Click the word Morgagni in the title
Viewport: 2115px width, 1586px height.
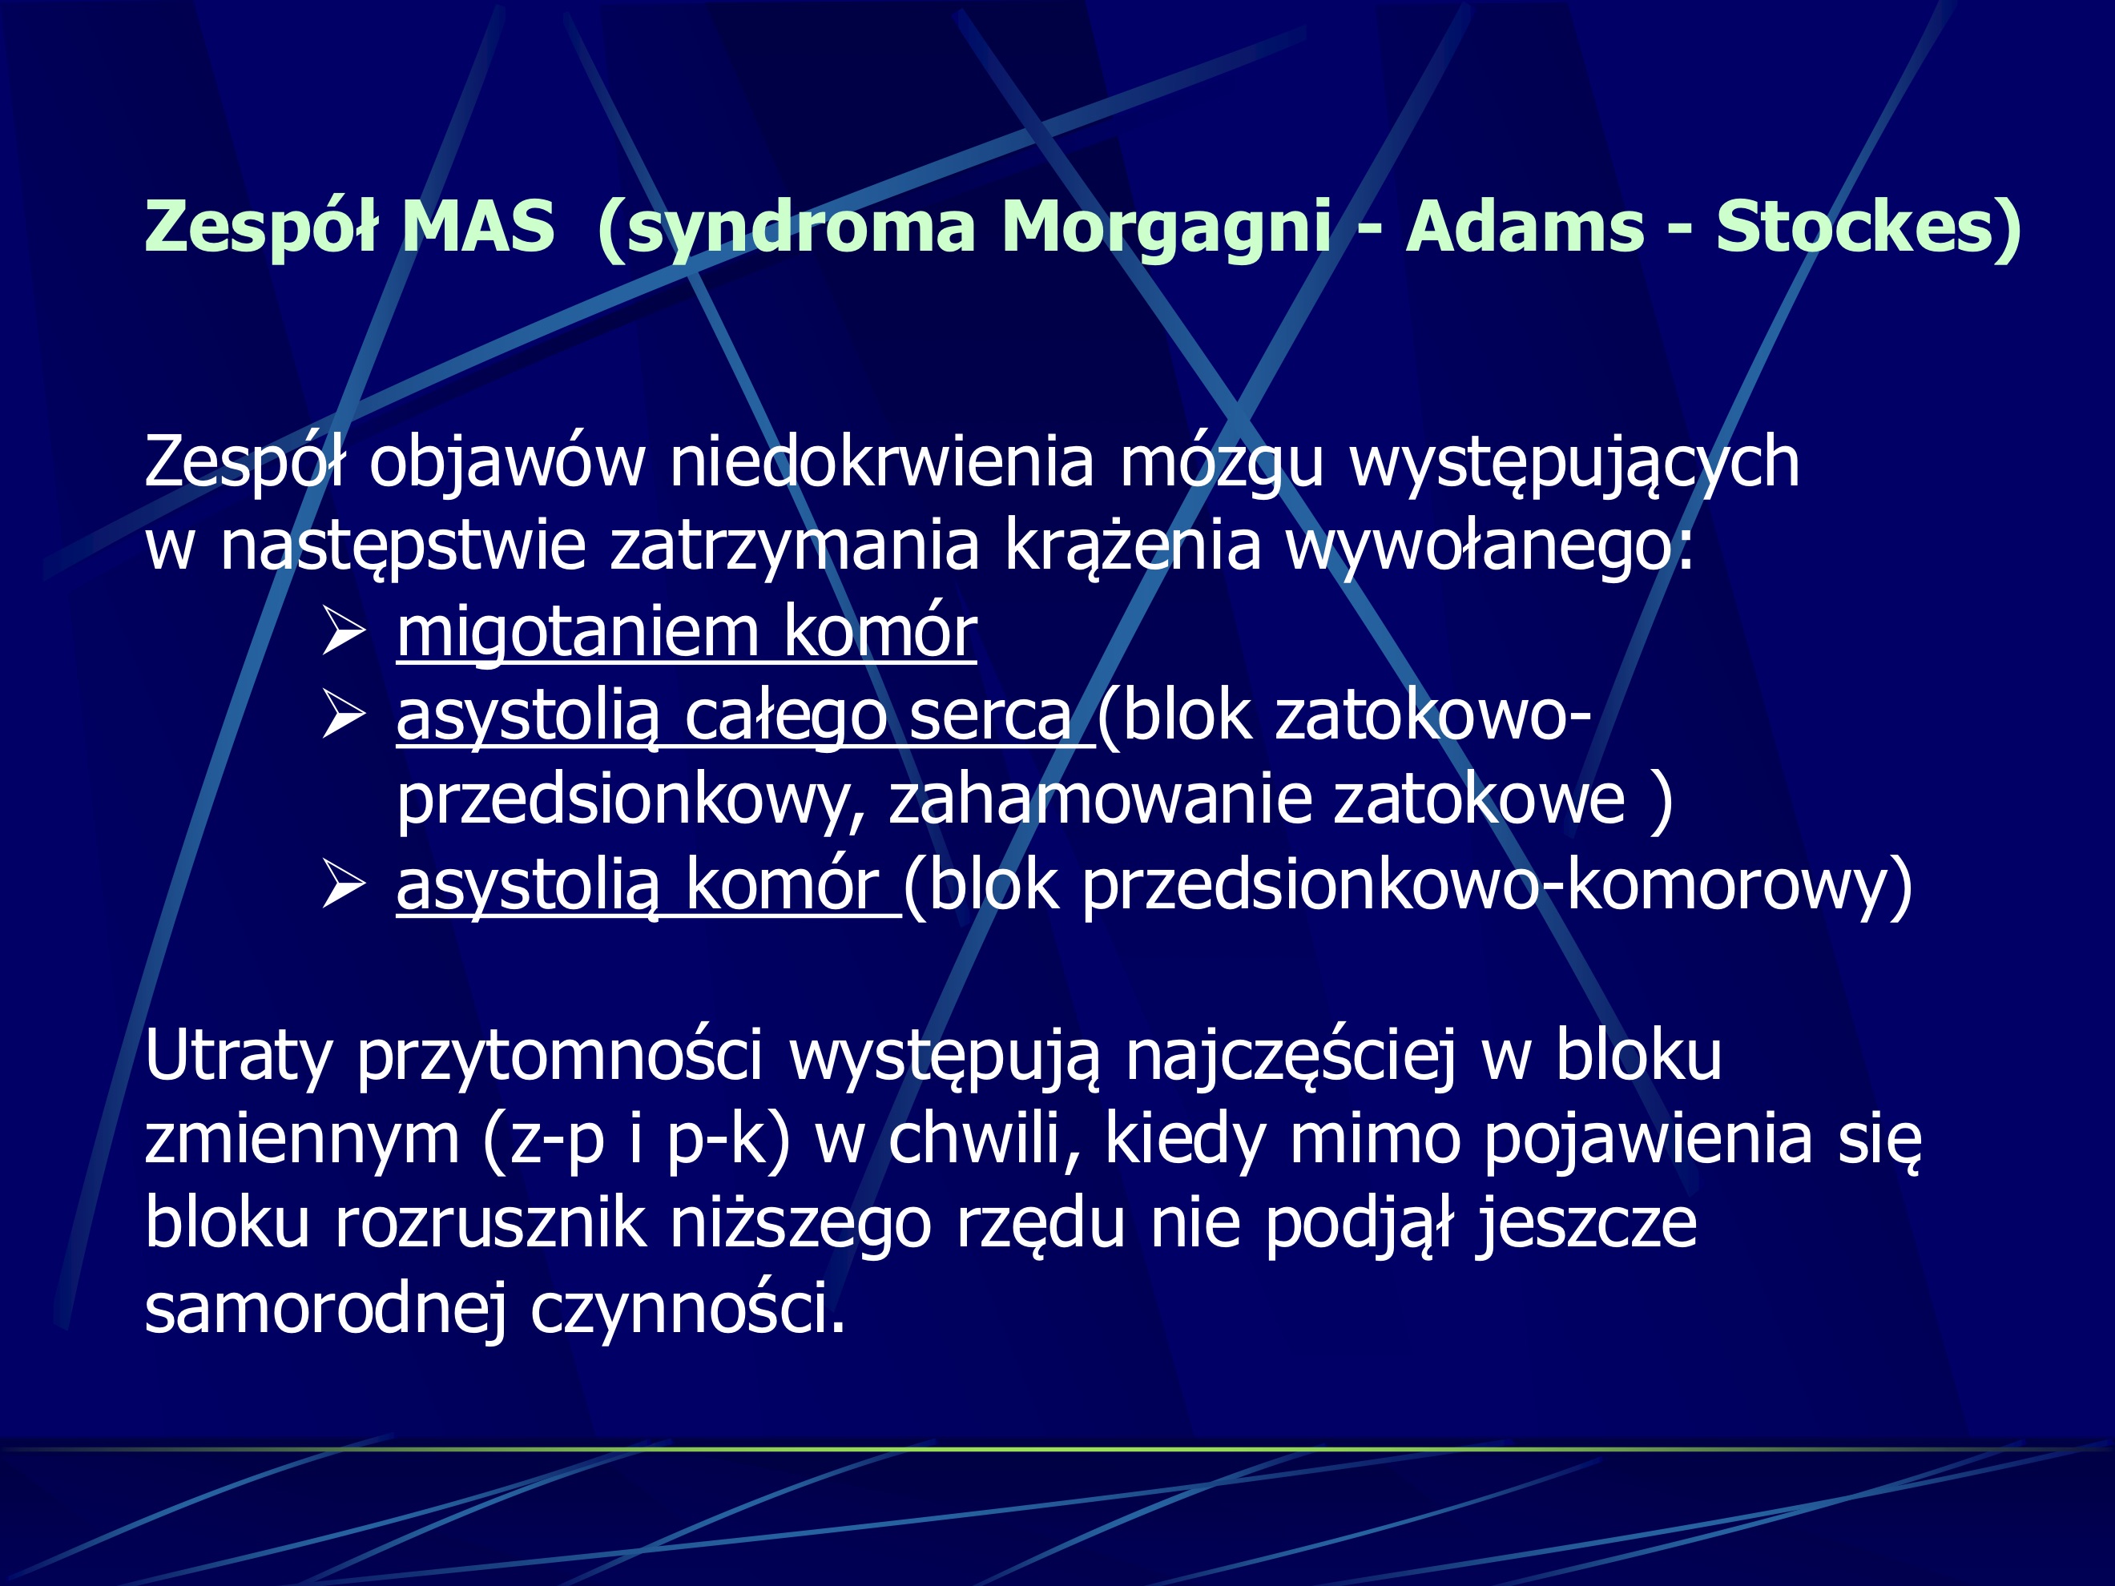click(1166, 227)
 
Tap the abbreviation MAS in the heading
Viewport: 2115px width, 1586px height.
click(478, 227)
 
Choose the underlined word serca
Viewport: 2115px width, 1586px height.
click(989, 716)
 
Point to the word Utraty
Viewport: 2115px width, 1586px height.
click(238, 1057)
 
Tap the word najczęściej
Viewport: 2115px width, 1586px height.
click(1291, 1057)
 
